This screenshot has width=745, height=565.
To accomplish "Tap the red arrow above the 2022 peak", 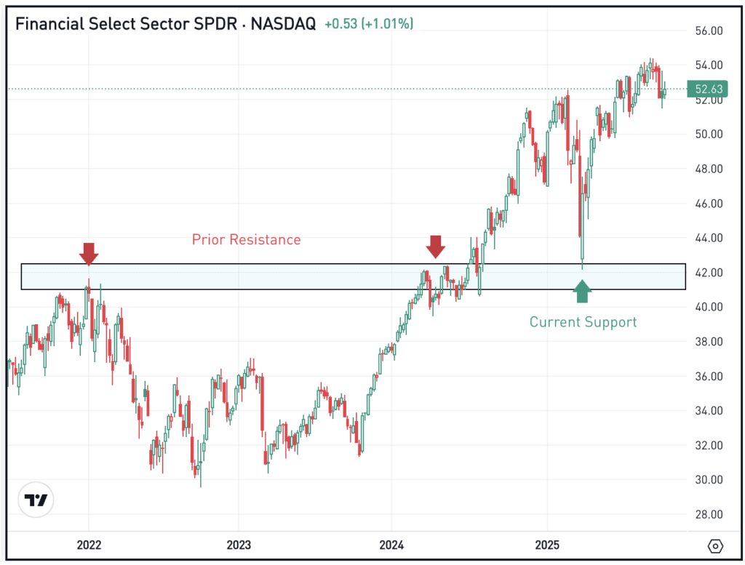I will (x=89, y=253).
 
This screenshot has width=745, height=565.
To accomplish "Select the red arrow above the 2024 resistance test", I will (x=435, y=247).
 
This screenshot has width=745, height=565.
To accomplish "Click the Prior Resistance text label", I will (x=246, y=239).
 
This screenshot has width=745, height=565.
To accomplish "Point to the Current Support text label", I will (x=583, y=321).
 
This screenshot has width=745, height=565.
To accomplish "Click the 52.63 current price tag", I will (x=708, y=89).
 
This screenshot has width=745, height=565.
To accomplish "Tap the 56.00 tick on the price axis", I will (x=708, y=31).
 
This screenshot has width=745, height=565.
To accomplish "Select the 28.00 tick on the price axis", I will (x=708, y=514).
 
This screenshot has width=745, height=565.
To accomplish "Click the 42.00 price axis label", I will (x=708, y=272).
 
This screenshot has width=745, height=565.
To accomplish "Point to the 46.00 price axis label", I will (x=708, y=204).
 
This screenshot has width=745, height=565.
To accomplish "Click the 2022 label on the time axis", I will (x=89, y=545).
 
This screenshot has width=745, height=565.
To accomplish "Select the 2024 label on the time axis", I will (x=391, y=545).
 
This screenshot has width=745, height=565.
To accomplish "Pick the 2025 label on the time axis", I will (x=547, y=545).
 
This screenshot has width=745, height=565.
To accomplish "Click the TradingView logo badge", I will (x=36, y=500).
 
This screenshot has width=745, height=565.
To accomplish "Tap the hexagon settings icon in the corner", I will (x=715, y=545).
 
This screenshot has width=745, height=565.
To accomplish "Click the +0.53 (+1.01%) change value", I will (x=369, y=24).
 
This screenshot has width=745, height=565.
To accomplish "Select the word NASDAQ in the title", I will (x=284, y=24).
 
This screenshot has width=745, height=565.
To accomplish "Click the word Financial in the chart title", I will (x=47, y=24).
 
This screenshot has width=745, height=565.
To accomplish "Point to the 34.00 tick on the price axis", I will (x=708, y=410).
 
